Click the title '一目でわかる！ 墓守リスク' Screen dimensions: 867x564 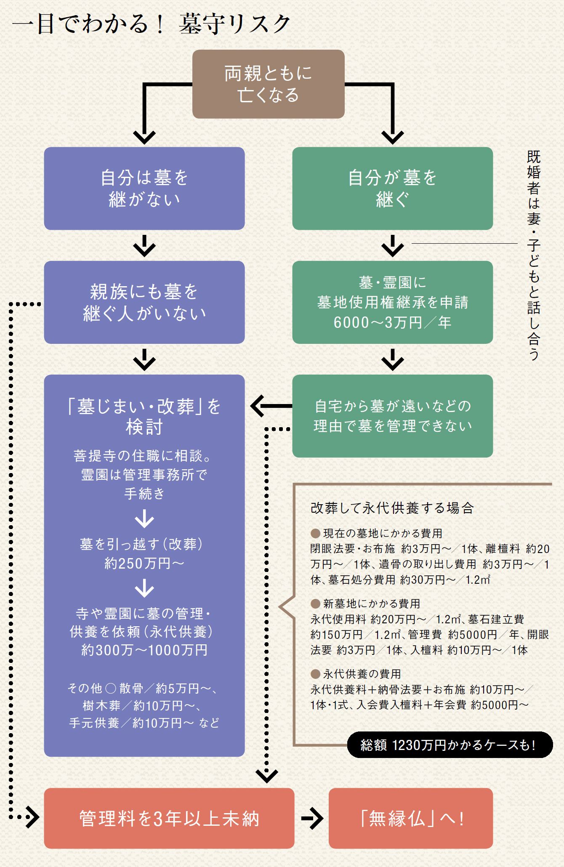coord(152,24)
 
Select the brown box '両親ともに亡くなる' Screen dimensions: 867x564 coord(268,84)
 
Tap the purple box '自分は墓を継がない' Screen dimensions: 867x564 coord(144,188)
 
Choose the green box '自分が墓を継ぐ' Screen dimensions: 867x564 coord(392,188)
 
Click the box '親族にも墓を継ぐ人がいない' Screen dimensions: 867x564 coord(144,302)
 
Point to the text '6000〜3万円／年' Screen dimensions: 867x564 coord(392,323)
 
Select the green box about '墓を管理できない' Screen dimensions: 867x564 coord(392,416)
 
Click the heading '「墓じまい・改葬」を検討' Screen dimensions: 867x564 coord(144,416)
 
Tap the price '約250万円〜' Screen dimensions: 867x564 coord(144,563)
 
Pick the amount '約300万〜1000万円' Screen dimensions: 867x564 coord(144,650)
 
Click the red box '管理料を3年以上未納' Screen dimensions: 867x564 coord(169,819)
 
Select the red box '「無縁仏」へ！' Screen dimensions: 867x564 coord(410,819)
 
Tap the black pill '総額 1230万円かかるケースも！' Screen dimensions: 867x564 coord(449,745)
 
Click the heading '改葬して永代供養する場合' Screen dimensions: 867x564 coord(392,508)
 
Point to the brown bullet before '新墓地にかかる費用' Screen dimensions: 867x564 coord(315,604)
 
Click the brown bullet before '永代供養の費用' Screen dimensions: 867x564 coord(315,674)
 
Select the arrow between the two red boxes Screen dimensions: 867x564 coord(312,819)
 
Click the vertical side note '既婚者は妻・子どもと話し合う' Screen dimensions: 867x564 coord(533,255)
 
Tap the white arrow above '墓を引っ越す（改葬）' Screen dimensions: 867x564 coord(144,519)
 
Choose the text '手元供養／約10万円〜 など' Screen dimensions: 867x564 coord(144,723)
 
